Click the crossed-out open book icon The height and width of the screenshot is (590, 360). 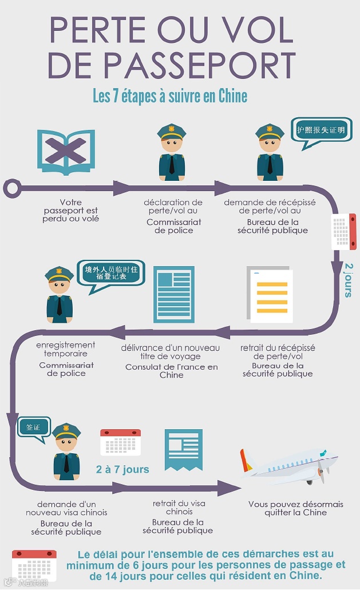tap(66, 152)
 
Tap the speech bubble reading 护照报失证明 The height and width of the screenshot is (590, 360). tap(320, 131)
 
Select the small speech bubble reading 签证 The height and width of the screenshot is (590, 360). tap(31, 428)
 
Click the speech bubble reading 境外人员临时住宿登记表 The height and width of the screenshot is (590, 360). tap(112, 274)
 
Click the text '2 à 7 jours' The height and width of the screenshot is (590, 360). tap(122, 470)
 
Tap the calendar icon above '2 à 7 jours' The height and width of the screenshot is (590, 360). tap(120, 442)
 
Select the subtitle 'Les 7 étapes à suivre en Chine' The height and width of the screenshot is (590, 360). tap(170, 96)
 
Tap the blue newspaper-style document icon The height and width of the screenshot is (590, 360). tap(173, 294)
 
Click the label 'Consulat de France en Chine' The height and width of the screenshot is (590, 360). tap(172, 371)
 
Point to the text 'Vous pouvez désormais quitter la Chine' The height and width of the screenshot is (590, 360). tap(295, 508)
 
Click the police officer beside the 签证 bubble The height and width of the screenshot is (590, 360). tap(66, 450)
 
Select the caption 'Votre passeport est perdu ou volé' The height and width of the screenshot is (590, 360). tap(70, 210)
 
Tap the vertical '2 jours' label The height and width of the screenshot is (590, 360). tap(349, 280)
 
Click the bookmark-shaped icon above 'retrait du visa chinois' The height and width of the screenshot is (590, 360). tap(183, 449)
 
